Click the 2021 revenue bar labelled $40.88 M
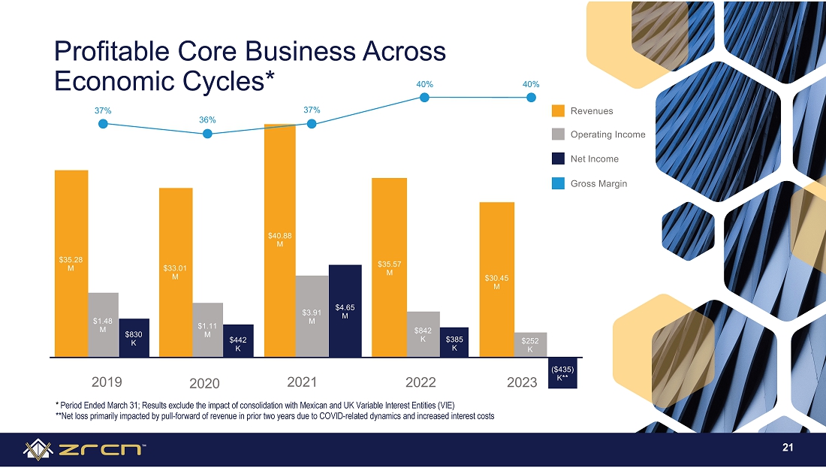tap(280, 240)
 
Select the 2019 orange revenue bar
tap(71, 264)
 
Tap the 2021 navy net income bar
tap(345, 311)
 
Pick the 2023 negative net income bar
tap(562, 373)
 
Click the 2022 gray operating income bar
tap(423, 334)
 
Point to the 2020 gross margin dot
tap(207, 134)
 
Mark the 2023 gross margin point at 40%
tap(531, 98)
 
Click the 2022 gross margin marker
tap(424, 98)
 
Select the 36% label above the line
tap(207, 119)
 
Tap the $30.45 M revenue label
tap(497, 282)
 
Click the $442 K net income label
tap(238, 344)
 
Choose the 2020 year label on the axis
tap(204, 383)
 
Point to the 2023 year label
tap(522, 382)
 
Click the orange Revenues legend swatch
tap(558, 110)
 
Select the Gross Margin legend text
tap(599, 184)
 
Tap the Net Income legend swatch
tap(558, 159)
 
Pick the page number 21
tap(788, 448)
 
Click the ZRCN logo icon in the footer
tap(38, 449)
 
